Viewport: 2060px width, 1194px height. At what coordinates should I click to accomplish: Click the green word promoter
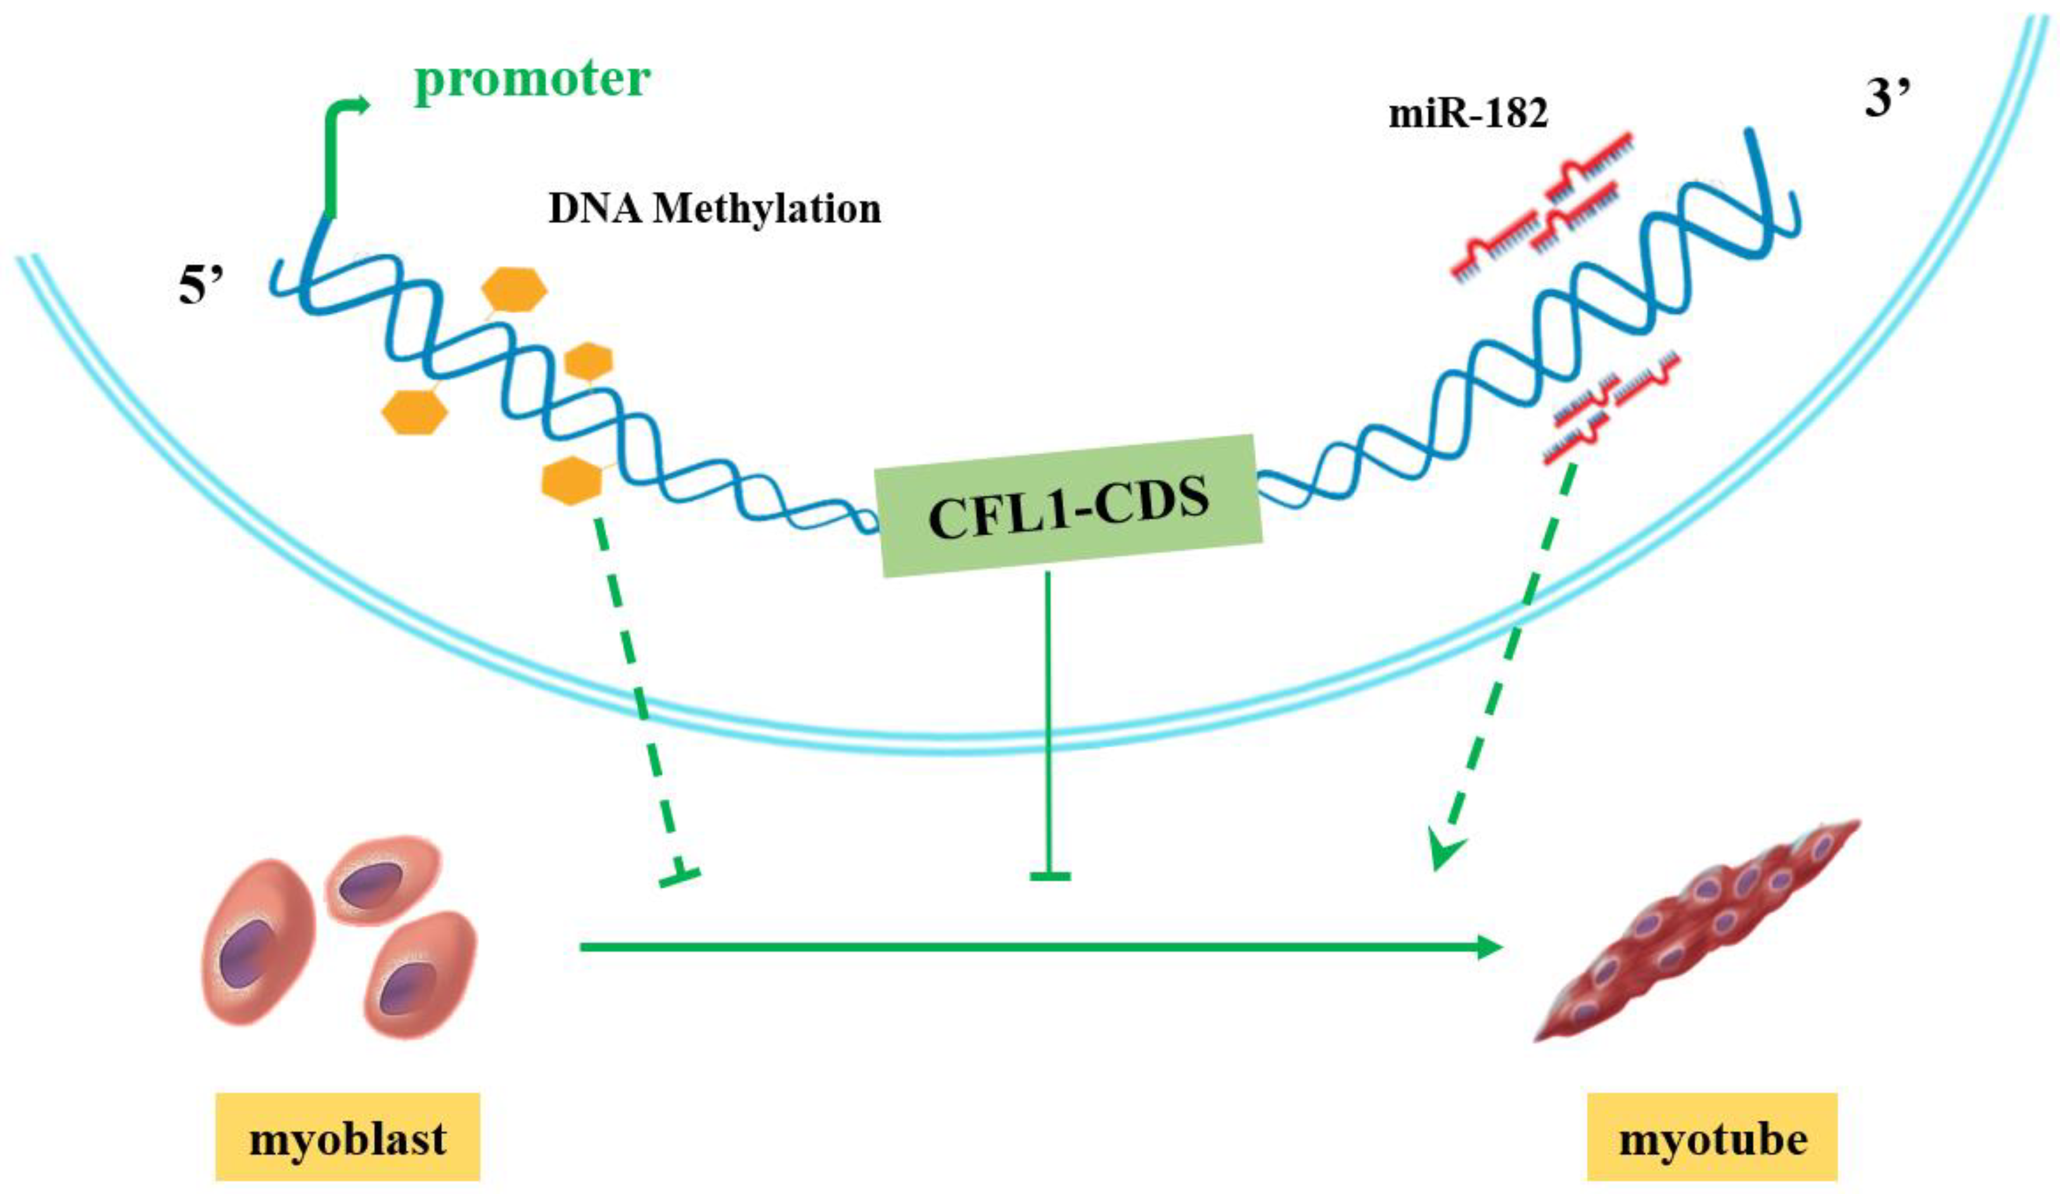pos(532,80)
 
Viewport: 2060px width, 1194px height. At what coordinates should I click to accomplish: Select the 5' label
pos(201,288)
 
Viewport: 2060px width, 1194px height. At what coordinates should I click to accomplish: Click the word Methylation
pos(769,209)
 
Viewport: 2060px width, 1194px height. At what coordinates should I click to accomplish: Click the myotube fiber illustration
pos(1700,932)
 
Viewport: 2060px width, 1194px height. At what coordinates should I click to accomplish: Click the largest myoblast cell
pos(260,940)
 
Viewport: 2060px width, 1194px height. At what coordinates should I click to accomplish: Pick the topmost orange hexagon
pos(514,290)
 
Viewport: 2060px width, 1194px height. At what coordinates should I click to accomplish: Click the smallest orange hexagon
pos(589,361)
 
